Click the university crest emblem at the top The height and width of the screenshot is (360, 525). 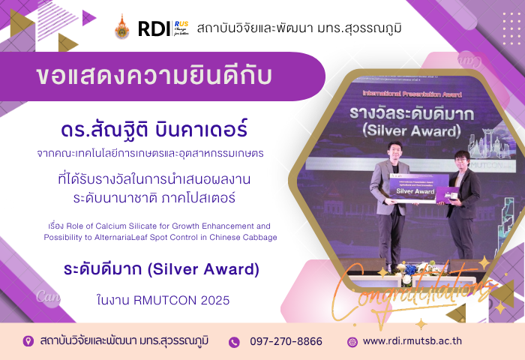point(121,27)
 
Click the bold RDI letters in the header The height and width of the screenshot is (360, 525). point(154,28)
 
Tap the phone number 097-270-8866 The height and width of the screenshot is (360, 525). point(286,341)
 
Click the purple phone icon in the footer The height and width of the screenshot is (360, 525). point(234,342)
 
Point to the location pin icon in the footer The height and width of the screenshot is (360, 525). point(28,341)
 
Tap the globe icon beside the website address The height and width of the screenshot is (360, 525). point(352,342)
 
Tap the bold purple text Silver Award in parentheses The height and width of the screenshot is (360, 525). point(203,269)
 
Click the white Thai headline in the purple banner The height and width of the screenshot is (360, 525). point(154,76)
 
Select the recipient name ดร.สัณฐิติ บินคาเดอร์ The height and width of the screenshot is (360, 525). point(154,129)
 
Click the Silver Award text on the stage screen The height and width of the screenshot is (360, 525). point(412,131)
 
